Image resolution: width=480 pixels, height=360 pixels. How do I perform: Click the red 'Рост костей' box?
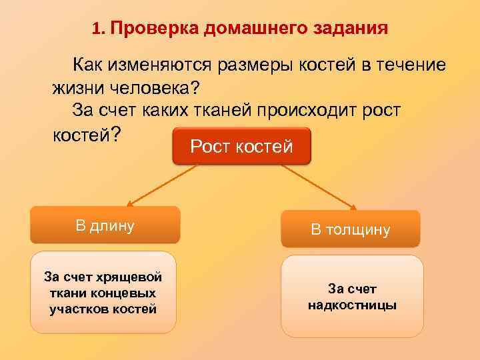tap(241, 146)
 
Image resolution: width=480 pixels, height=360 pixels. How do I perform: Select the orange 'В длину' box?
tap(105, 225)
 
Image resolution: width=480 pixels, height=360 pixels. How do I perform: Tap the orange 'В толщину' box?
tap(350, 230)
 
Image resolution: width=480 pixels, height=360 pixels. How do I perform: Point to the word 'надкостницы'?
tap(352, 305)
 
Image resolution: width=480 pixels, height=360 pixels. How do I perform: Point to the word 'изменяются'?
tap(157, 65)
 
